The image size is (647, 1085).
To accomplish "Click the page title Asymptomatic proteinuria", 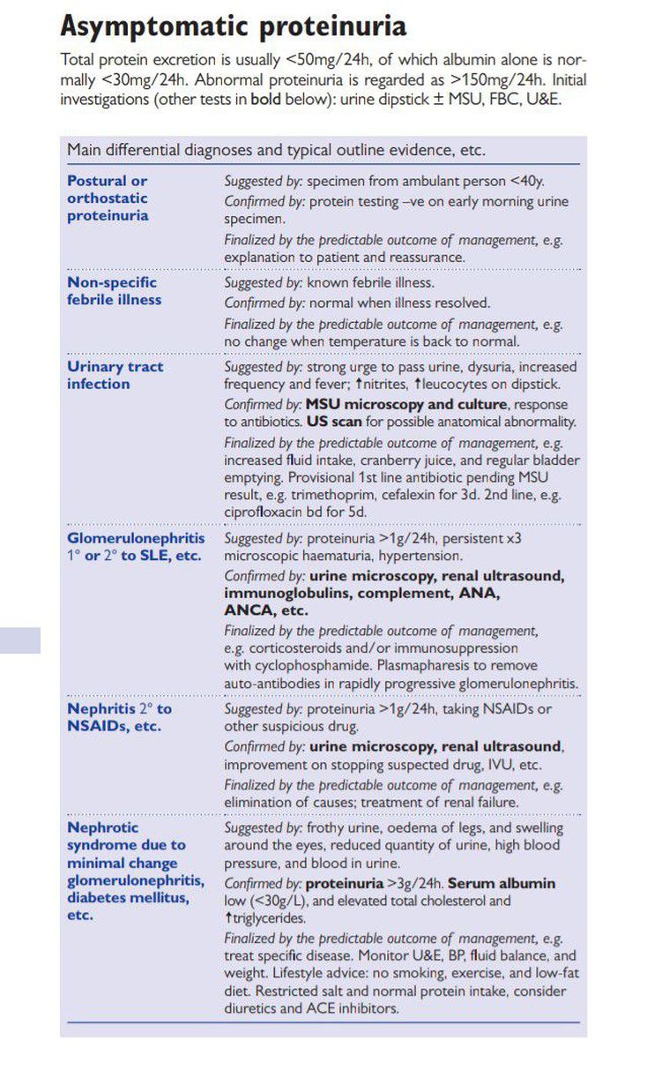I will pos(234,26).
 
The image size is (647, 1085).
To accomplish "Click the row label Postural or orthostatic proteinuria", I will pos(108,198).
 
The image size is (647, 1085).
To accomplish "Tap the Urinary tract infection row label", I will pos(115,375).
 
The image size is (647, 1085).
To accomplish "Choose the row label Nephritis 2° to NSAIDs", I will pos(120,718).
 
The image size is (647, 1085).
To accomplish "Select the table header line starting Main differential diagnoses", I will pos(276,150).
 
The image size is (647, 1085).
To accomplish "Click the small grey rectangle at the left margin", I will pos(20,640).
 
